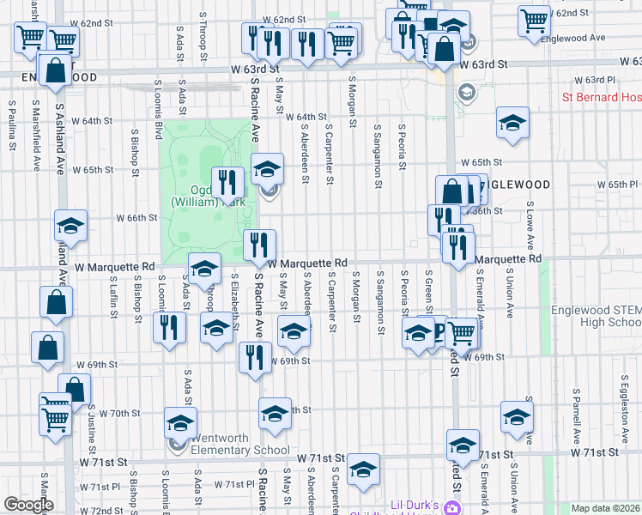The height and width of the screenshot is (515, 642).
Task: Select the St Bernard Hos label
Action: (602, 97)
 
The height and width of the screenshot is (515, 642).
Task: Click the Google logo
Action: (27, 505)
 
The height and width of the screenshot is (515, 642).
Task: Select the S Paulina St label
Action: (12, 124)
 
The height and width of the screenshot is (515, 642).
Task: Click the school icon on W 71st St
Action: (364, 469)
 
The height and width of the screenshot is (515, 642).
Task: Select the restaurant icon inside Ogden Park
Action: (227, 181)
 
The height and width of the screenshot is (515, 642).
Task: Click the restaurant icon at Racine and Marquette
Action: (259, 245)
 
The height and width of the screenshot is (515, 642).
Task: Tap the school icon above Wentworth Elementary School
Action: (181, 421)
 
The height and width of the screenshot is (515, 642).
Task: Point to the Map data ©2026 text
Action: (606, 508)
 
